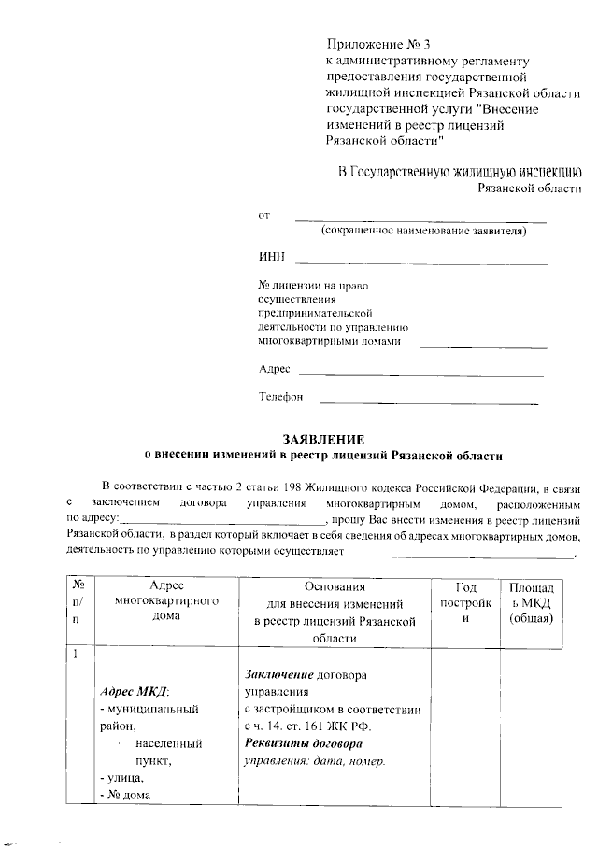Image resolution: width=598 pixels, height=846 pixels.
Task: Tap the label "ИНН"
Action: click(x=271, y=257)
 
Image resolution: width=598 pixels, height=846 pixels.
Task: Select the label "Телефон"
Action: click(x=281, y=397)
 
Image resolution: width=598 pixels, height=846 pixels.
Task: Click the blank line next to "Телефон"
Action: click(x=429, y=403)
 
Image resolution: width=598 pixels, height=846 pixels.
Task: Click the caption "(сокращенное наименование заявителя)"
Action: click(x=422, y=231)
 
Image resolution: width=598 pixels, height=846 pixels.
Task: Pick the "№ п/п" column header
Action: click(x=76, y=602)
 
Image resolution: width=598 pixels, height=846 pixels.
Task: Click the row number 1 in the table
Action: click(x=74, y=652)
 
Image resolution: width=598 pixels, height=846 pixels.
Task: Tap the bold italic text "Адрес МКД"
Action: click(x=134, y=692)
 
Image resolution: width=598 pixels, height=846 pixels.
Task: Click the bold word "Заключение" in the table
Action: click(x=278, y=674)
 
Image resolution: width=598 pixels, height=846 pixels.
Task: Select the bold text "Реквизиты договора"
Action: click(x=303, y=743)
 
